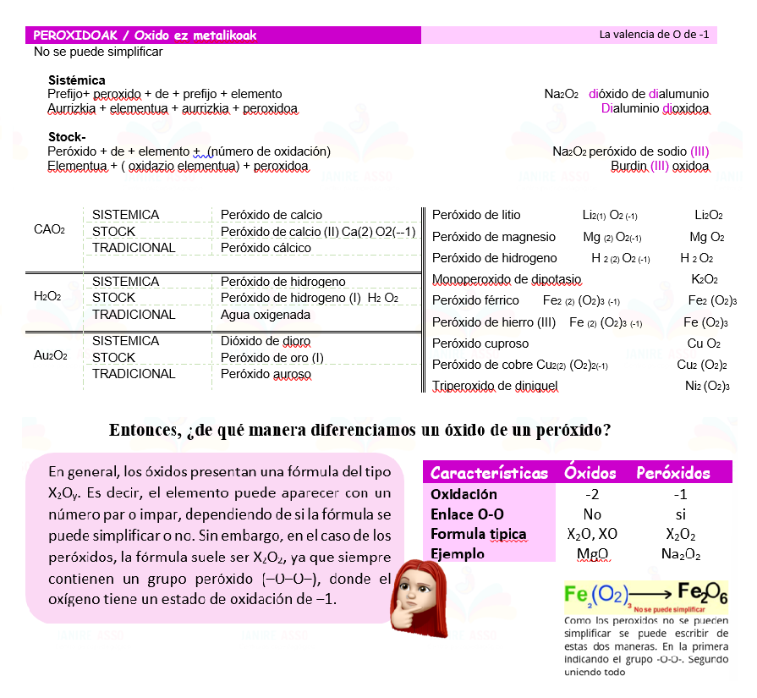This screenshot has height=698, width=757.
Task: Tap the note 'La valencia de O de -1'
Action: point(653,35)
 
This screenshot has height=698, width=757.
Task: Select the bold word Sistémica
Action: point(76,80)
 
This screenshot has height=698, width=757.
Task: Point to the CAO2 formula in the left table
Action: point(49,230)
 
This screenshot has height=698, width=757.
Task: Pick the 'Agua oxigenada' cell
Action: point(265,315)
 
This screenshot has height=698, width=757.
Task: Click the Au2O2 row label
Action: point(50,355)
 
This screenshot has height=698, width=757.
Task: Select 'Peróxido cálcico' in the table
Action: point(266,248)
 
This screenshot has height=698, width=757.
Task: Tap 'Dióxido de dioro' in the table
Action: point(266,341)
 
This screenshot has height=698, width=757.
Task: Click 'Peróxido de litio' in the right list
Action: point(476,215)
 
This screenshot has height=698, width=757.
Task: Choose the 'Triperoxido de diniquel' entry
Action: point(495,386)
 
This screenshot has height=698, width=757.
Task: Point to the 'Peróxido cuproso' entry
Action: point(480,344)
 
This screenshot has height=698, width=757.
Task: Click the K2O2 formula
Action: point(705,279)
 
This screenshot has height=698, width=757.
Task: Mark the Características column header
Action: point(489,473)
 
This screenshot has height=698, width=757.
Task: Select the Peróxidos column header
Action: point(672,473)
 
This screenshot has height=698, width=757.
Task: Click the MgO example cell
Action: point(592,554)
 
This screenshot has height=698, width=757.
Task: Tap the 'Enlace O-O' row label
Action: point(468,514)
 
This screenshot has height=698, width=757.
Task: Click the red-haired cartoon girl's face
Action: point(416,585)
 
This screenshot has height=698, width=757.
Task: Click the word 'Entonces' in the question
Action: point(143,430)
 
